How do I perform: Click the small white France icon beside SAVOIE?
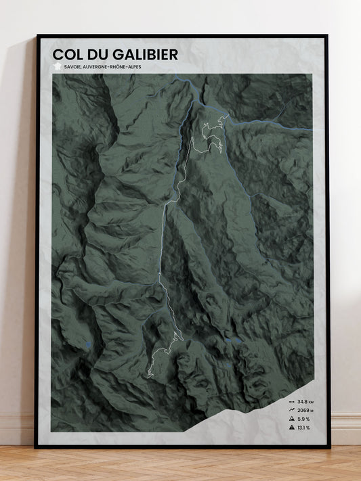click(x=58, y=66)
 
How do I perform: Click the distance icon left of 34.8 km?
click(x=290, y=403)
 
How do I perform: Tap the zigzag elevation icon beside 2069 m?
click(x=290, y=411)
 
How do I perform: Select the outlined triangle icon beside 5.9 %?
click(x=290, y=419)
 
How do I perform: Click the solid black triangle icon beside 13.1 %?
click(x=290, y=428)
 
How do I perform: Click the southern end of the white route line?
click(x=148, y=373)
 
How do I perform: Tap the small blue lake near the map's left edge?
click(x=89, y=345)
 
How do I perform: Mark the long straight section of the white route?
click(x=163, y=237)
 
